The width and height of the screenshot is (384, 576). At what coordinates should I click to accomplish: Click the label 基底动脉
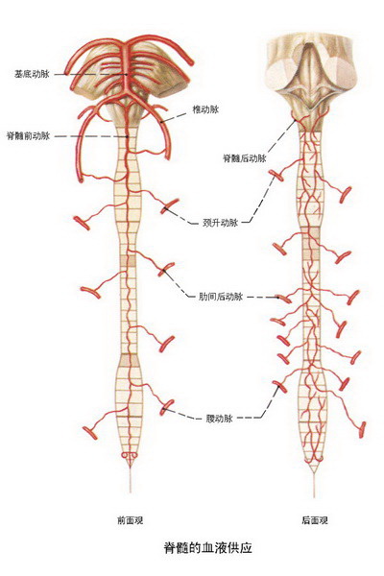(32, 74)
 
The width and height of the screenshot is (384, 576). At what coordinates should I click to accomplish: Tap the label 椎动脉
(205, 109)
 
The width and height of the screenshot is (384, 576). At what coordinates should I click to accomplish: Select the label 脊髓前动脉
(28, 136)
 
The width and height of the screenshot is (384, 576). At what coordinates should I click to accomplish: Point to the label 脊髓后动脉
(245, 158)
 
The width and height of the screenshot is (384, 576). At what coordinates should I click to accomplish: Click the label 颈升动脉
(220, 223)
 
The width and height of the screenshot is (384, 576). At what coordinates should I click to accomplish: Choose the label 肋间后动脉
(221, 297)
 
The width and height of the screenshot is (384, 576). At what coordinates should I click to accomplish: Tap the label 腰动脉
(219, 419)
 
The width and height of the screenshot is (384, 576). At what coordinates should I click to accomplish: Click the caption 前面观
(130, 520)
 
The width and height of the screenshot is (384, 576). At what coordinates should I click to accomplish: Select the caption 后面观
(315, 520)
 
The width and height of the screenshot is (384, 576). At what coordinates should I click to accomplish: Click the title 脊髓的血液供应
(207, 548)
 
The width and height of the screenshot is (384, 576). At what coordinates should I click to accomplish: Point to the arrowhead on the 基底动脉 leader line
(126, 74)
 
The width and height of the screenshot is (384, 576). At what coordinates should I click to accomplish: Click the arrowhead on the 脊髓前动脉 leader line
(127, 136)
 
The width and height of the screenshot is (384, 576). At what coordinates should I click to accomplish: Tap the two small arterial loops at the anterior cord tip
(129, 455)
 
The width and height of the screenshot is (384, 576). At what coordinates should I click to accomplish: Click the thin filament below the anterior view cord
(130, 480)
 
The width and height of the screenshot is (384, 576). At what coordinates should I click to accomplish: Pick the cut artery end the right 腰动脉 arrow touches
(280, 387)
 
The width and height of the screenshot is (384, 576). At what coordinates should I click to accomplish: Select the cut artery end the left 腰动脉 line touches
(166, 407)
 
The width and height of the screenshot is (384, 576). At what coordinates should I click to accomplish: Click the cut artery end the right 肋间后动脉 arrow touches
(284, 299)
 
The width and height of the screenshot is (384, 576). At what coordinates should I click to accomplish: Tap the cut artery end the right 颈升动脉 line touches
(276, 176)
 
